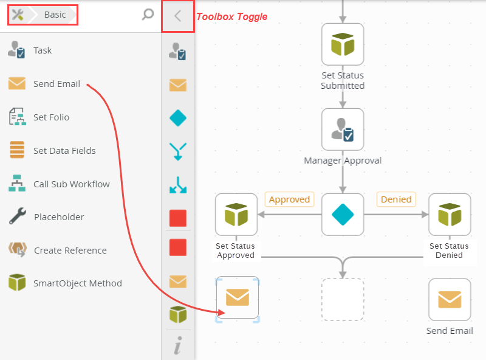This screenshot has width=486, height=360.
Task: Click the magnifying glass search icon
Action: [x=147, y=15]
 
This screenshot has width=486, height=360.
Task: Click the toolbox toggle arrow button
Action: [x=177, y=16]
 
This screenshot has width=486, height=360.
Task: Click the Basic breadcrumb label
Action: [x=55, y=15]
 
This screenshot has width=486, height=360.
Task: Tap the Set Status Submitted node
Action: [x=343, y=44]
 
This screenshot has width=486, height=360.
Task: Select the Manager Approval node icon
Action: [x=343, y=129]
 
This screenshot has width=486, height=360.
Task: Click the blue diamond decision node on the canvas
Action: [x=343, y=214]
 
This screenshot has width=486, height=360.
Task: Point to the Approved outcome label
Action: [x=289, y=199]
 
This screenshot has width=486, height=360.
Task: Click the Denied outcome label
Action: [x=396, y=199]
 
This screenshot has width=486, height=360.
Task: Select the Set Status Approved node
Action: [x=236, y=214]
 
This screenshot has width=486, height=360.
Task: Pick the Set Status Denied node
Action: [x=450, y=214]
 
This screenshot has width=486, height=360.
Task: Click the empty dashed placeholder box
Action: [x=343, y=299]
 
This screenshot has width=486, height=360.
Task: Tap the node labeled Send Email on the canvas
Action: [x=450, y=299]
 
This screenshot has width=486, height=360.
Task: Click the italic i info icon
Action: [x=177, y=347]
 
